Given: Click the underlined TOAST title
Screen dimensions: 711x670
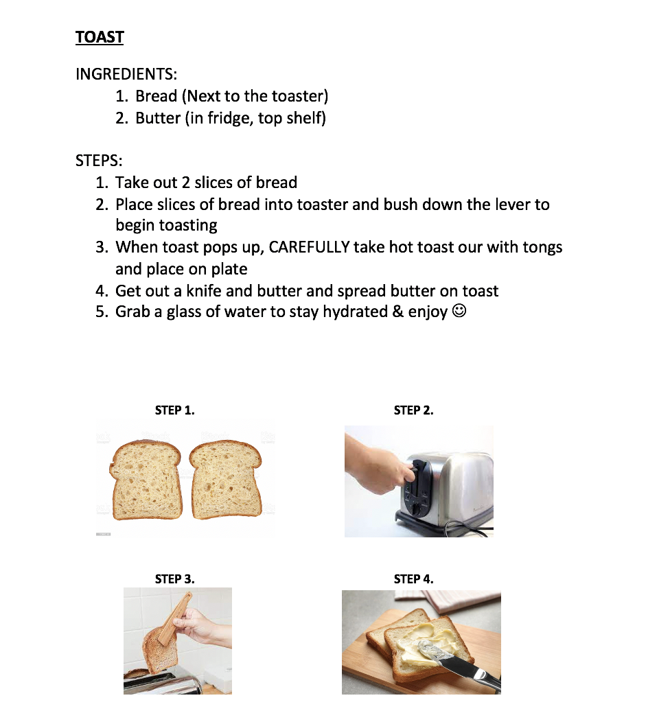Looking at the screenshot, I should [100, 37].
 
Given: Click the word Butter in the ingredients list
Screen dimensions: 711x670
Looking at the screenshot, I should [158, 118].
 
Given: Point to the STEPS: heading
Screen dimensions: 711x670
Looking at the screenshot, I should [99, 161].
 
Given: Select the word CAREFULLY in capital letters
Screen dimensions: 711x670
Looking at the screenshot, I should [309, 248].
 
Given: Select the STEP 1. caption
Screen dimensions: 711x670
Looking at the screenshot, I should [174, 410].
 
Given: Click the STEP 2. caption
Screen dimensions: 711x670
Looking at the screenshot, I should [413, 410].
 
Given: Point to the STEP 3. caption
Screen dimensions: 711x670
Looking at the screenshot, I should [174, 579].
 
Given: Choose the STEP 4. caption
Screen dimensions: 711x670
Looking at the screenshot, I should [413, 579].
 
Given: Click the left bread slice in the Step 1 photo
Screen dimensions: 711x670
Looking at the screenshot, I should [146, 478].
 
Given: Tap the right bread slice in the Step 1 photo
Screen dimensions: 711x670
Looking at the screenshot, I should [225, 478].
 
